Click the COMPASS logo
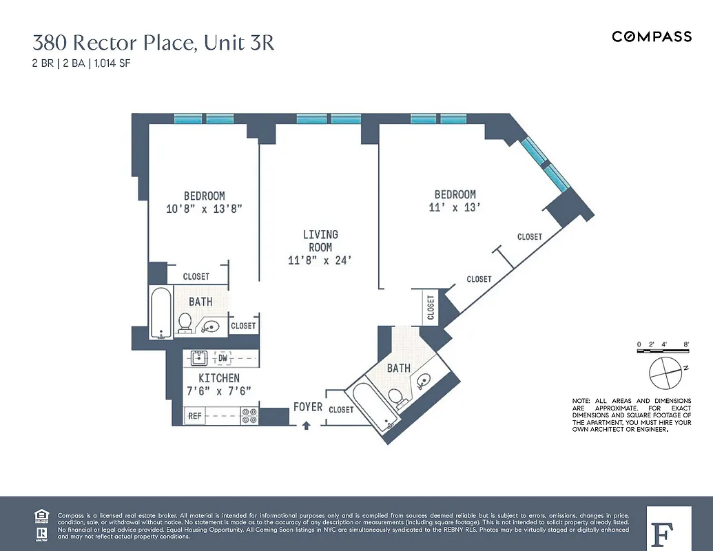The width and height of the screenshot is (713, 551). [x=652, y=37]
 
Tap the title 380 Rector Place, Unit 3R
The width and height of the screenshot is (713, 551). [x=154, y=43]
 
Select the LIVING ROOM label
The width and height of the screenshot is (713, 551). [x=320, y=241]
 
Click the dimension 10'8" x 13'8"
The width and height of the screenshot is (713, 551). [x=205, y=208]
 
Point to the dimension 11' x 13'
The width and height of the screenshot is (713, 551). [x=454, y=207]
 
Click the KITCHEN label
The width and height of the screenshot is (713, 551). [x=219, y=378]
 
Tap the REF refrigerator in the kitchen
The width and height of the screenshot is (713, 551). [x=195, y=416]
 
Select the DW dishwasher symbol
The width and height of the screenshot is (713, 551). [x=223, y=358]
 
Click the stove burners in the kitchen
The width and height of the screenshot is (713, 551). [x=249, y=415]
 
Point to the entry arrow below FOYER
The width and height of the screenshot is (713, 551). [x=307, y=426]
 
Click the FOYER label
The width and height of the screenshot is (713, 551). [x=307, y=407]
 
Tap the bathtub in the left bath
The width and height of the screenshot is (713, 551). [x=161, y=313]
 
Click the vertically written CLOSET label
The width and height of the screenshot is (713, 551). [x=431, y=307]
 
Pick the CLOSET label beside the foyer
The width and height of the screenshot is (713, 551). [x=341, y=409]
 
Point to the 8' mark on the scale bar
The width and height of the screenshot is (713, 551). [x=686, y=344]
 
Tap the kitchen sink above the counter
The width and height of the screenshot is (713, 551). [x=198, y=357]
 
